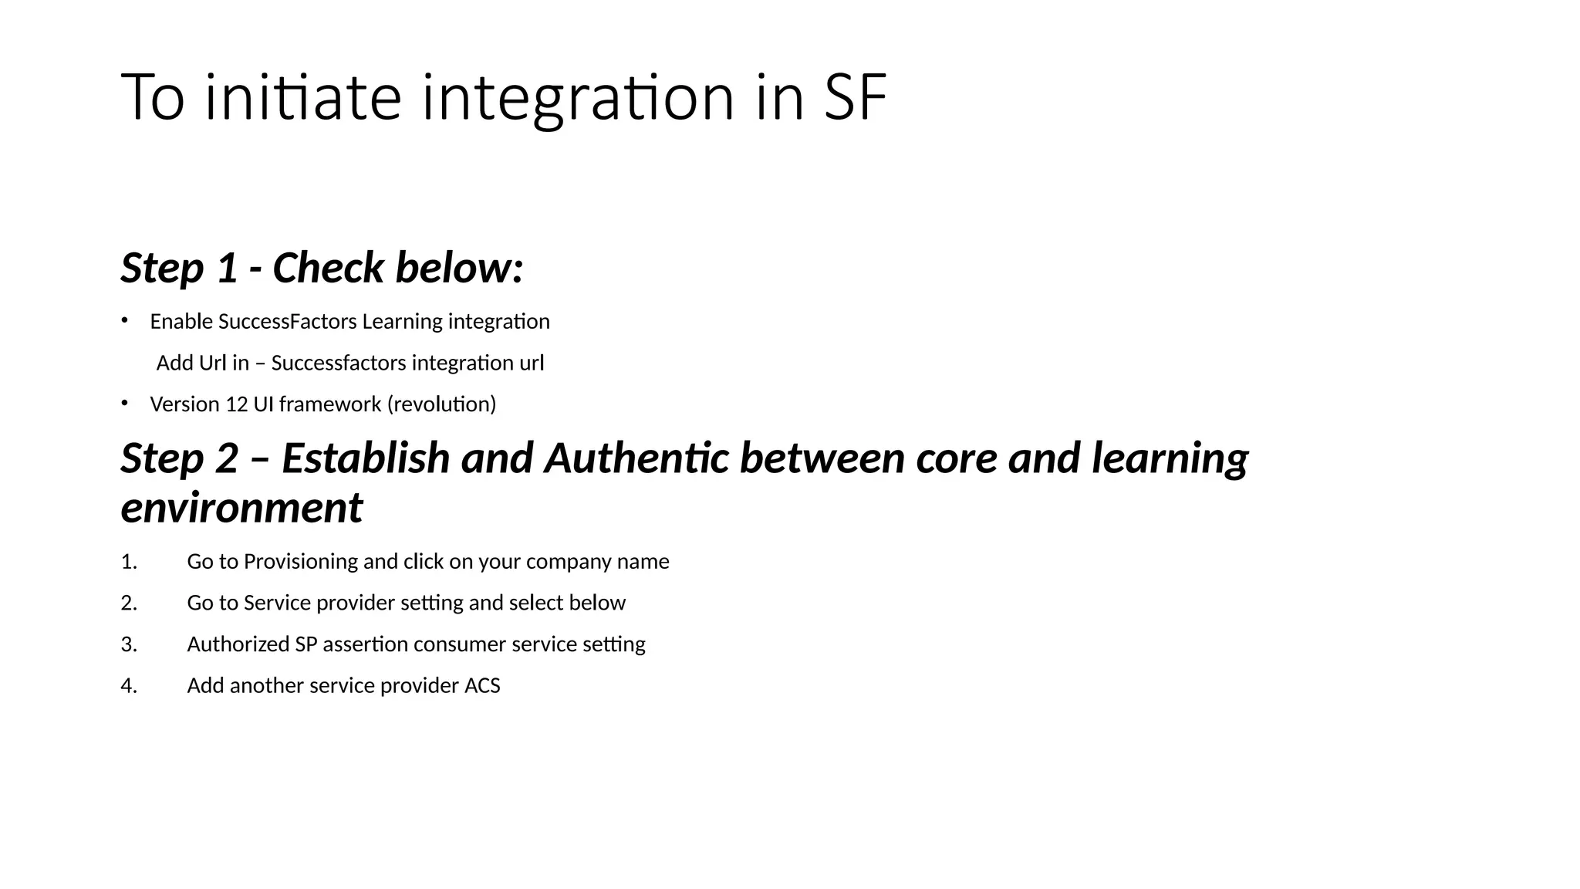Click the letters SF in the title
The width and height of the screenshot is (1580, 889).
point(855,98)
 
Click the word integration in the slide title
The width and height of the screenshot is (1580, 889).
point(578,98)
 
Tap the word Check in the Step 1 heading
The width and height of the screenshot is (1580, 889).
point(328,268)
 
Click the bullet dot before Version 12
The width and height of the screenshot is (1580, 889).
point(124,402)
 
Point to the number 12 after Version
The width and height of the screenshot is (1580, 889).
point(236,404)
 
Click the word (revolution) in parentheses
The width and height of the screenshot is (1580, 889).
point(441,404)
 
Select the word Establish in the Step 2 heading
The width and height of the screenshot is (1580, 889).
point(366,458)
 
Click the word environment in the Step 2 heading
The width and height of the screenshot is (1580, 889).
point(241,509)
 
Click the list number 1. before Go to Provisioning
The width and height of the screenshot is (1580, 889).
point(129,562)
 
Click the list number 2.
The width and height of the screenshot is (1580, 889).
point(129,603)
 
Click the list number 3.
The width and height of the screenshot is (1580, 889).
point(129,645)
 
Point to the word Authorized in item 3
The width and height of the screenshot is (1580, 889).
point(238,644)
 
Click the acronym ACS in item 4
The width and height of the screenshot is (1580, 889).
point(482,686)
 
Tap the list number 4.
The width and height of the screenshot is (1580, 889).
point(129,686)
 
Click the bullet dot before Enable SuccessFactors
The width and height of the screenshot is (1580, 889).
point(124,319)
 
